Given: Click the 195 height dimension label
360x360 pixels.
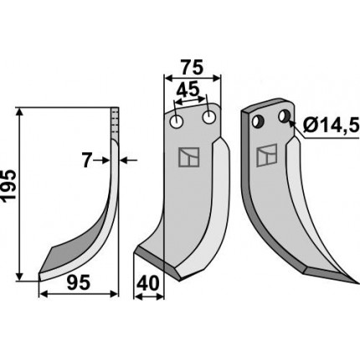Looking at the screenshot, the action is (x=8, y=186).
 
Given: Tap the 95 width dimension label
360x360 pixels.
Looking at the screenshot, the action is (x=79, y=282).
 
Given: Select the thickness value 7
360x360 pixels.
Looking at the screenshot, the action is (x=87, y=161).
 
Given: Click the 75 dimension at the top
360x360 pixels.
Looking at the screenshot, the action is (x=192, y=68).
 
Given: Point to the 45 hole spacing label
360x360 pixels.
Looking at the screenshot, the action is (x=188, y=90).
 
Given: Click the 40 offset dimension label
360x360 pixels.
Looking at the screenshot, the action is (x=147, y=284).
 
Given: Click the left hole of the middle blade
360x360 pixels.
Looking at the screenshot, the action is (x=177, y=121).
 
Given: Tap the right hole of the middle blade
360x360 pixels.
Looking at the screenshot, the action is (x=209, y=117).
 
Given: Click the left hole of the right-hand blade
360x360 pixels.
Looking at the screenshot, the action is (x=258, y=121).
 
